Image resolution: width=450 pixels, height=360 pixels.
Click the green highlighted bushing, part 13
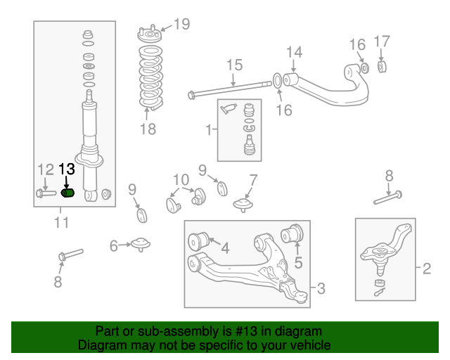coord(68,193)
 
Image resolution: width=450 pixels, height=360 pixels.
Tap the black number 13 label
coord(66,169)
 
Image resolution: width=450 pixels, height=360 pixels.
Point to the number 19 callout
coord(181,25)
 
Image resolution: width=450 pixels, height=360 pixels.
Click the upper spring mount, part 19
coord(148,35)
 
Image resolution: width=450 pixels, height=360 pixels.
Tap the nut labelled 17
coord(383,67)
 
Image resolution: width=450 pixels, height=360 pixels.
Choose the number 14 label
coord(294,51)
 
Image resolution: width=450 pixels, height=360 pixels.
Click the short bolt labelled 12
coord(44,193)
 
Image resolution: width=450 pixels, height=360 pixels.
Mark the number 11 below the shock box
coord(61,223)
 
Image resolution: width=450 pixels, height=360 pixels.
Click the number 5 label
coord(297,264)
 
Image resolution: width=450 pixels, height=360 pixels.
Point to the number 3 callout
coord(321,288)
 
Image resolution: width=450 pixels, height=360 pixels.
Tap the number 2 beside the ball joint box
coord(426,268)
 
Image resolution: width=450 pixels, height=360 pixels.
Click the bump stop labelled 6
coord(141,244)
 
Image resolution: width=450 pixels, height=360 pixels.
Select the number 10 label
coord(181,179)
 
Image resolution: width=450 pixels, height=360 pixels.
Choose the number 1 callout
coord(208,130)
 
